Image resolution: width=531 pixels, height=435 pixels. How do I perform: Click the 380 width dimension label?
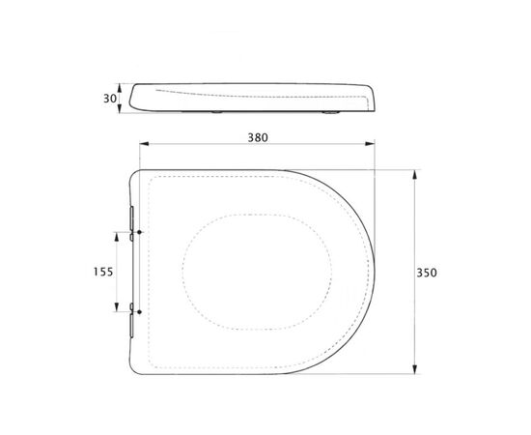[x=258, y=137]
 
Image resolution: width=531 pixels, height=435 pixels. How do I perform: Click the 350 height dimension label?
[x=427, y=273]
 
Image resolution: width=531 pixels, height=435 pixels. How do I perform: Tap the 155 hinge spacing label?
[x=103, y=272]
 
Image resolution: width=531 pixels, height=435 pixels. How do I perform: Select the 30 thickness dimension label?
[x=110, y=99]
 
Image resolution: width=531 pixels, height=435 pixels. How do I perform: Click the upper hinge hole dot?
[x=139, y=232]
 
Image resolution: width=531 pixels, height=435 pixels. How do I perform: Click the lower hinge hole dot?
[x=139, y=312]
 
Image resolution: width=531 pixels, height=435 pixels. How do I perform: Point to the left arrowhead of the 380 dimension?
[x=144, y=144]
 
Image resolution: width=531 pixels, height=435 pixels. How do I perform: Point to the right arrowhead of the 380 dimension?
[x=370, y=144]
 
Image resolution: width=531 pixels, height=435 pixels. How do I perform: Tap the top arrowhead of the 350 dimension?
[x=414, y=175]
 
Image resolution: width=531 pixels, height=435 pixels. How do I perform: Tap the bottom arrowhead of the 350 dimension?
[x=414, y=369]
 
